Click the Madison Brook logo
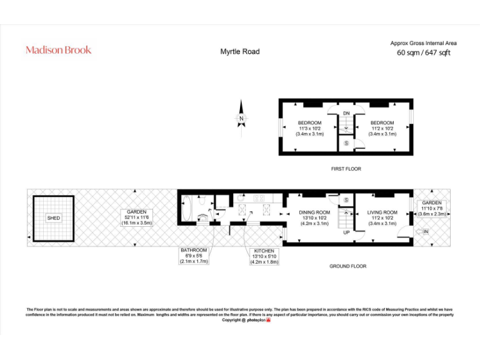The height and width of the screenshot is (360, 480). pos(58,50)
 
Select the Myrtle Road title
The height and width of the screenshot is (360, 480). pos(239,52)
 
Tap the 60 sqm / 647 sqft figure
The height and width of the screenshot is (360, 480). pos(423,53)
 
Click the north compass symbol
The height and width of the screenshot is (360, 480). pos(241,118)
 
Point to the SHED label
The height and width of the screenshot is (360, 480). pos(53,218)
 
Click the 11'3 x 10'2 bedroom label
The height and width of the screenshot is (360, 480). pos(309,128)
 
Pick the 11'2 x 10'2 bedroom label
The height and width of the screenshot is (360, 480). pos(382,128)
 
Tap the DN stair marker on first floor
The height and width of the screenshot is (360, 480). pos(346,113)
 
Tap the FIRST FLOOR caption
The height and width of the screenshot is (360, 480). pos(346,169)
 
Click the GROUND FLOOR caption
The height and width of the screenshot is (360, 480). pos(347,266)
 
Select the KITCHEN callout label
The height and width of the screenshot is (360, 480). pos(264,256)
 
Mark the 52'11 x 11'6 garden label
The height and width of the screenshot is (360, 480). pos(136,217)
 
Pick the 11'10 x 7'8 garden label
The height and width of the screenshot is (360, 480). pos(431,208)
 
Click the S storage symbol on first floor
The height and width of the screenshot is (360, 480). pos(347,144)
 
